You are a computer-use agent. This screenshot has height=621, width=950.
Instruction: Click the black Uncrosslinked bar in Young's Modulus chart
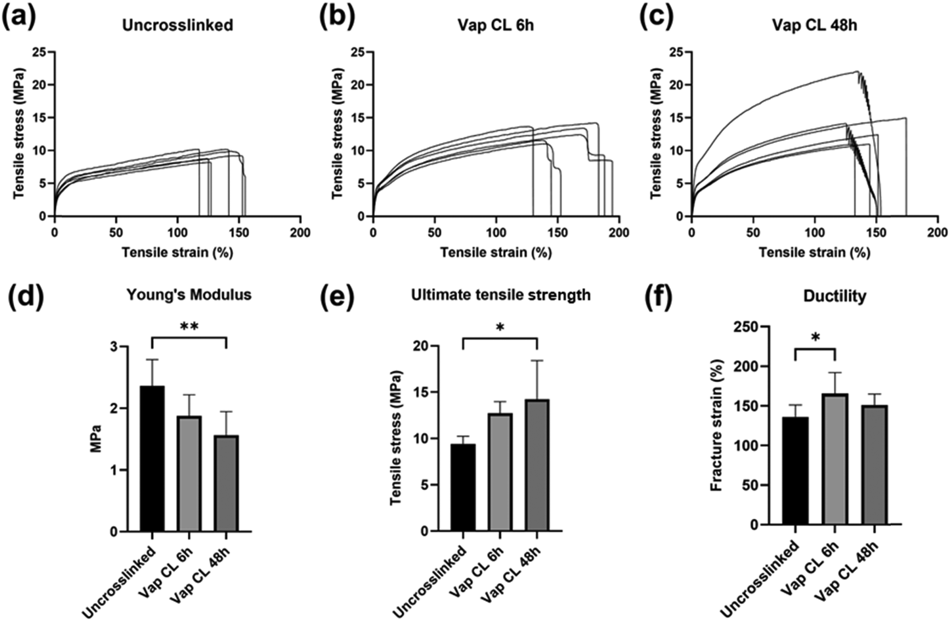click(x=152, y=459)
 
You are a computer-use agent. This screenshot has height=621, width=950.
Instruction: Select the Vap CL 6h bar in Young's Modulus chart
click(x=189, y=474)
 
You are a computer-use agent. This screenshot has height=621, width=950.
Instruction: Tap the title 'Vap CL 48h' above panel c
click(x=815, y=25)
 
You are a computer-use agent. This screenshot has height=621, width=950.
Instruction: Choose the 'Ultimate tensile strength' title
click(x=501, y=295)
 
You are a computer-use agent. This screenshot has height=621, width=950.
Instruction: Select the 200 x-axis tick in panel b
click(x=619, y=233)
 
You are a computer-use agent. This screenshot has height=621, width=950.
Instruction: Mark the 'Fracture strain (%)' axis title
click(x=716, y=426)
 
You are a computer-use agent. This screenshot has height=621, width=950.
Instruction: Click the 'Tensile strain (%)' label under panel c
click(x=814, y=252)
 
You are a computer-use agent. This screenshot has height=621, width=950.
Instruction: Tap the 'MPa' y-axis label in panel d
click(x=96, y=439)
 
